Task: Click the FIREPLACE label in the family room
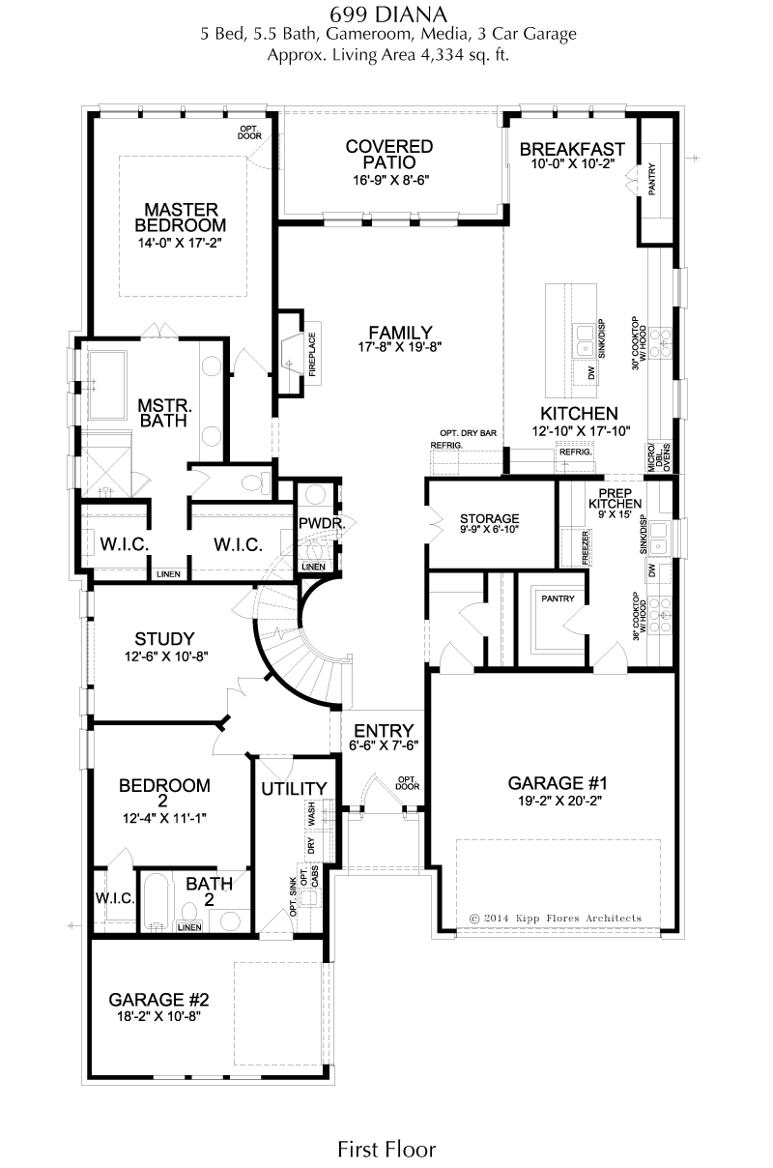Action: (312, 355)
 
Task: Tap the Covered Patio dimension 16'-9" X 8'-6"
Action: (391, 181)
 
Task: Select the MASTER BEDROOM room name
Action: (181, 218)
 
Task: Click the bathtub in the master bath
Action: (108, 386)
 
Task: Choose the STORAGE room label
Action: (490, 519)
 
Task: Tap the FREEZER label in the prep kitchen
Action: (585, 547)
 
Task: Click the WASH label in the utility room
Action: (312, 813)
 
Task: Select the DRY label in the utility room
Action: (312, 846)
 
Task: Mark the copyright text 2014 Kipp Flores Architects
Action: (556, 919)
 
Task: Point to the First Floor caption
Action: (386, 1150)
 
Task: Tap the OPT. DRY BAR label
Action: (468, 433)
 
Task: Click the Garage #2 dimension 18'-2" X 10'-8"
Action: (159, 1016)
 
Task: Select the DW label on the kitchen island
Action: (591, 373)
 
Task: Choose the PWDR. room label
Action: (322, 523)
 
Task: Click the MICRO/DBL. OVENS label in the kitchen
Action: (659, 457)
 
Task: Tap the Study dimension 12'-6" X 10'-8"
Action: (166, 656)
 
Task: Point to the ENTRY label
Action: (384, 731)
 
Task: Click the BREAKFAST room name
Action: (572, 149)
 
